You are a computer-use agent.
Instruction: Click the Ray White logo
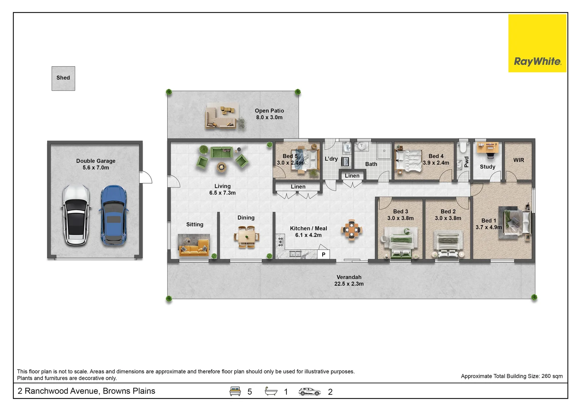537,43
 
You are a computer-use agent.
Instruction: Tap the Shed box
63,78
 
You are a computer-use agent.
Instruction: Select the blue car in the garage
113,215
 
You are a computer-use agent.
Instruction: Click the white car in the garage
76,215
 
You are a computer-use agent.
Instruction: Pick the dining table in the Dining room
246,237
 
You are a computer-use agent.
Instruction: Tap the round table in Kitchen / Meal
351,230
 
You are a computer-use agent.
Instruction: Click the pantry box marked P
323,254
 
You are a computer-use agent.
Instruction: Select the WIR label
518,160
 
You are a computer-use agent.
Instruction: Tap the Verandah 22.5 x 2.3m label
349,280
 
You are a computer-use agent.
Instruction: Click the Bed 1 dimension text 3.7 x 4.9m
488,227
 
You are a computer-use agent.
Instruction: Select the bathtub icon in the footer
271,391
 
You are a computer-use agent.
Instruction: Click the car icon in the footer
310,391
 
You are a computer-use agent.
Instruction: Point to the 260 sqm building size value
552,376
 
